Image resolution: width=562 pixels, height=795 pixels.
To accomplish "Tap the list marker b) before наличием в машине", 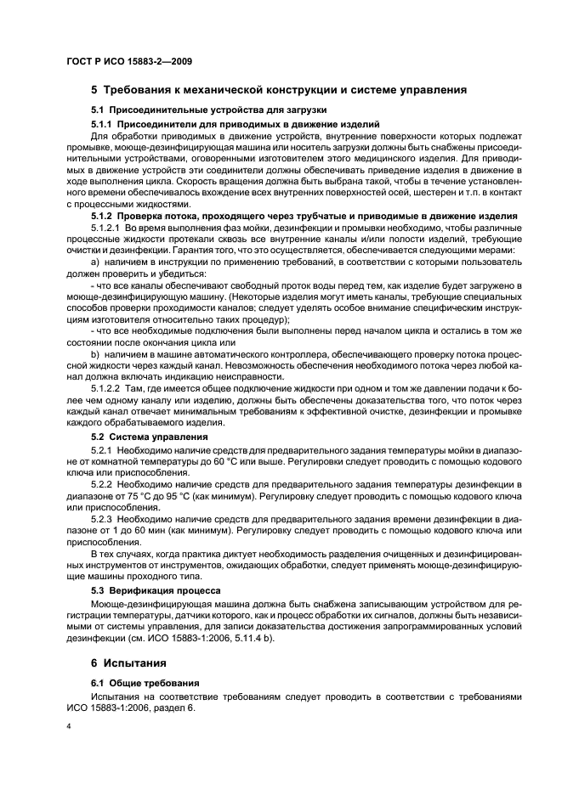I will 95,352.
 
